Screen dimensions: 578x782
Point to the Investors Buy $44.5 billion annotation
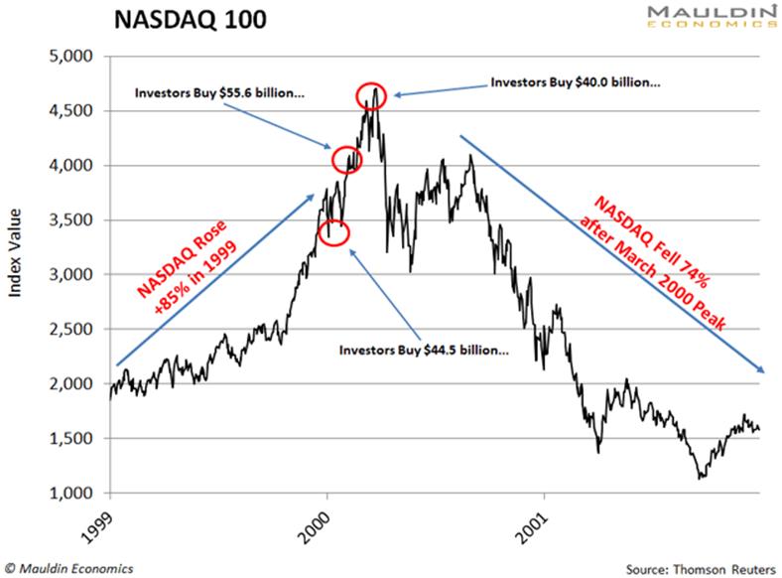click(425, 351)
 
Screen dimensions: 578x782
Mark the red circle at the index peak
click(371, 94)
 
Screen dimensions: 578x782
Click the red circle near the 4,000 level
click(346, 159)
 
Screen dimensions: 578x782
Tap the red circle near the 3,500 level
click(335, 231)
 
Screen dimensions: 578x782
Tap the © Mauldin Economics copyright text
click(70, 568)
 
